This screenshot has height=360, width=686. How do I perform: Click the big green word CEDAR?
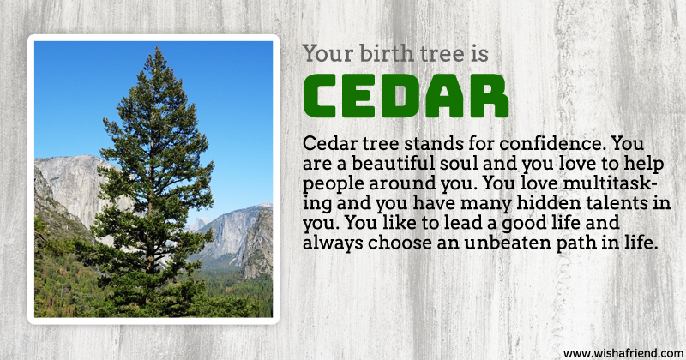pyautogui.click(x=406, y=96)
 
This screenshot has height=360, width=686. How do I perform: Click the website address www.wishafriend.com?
pyautogui.click(x=623, y=353)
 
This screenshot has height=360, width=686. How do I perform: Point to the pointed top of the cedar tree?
pyautogui.click(x=158, y=48)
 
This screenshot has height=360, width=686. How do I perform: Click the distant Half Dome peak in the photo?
pyautogui.click(x=201, y=222)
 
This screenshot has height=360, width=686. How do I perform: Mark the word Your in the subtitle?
pyautogui.click(x=328, y=54)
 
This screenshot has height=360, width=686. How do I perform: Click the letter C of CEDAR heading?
pyautogui.click(x=321, y=96)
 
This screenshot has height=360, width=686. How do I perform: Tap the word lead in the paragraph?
pyautogui.click(x=461, y=223)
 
